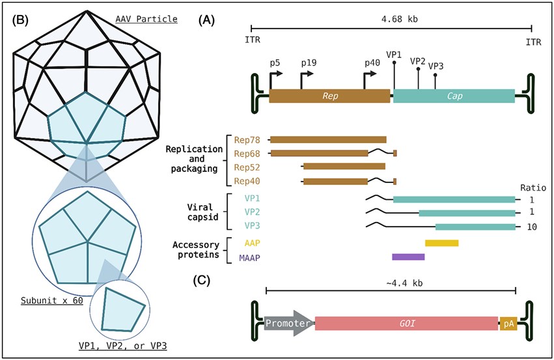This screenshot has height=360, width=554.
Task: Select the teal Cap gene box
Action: (454, 96)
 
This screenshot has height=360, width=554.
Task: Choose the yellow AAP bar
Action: (441, 243)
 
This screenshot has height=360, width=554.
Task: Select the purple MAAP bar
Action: (408, 257)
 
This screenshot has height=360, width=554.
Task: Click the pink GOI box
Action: (406, 323)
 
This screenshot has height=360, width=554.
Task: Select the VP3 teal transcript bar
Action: (475, 227)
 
